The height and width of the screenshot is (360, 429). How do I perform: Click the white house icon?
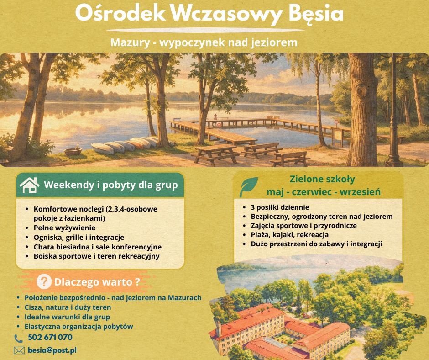[x=29, y=185]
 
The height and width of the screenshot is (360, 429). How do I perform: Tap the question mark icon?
[x=44, y=281]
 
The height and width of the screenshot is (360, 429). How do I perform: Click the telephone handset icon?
[x=19, y=339]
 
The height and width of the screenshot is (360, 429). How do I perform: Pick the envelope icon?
[x=19, y=350]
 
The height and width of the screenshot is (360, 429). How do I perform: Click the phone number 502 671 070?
[x=50, y=338]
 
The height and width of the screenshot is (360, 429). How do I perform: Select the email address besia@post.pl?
[x=52, y=350]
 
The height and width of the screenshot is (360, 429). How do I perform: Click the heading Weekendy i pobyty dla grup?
[x=110, y=185]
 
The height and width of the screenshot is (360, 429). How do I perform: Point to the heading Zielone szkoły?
[x=322, y=179]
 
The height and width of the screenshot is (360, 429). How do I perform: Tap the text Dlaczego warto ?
[x=96, y=281]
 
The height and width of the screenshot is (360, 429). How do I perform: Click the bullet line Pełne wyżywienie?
[x=64, y=228]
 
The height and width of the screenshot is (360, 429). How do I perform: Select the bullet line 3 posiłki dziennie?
[x=280, y=207]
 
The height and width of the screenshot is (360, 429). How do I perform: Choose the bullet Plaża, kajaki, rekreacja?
[x=289, y=234]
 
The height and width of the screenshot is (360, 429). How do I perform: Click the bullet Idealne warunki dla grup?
[x=67, y=317]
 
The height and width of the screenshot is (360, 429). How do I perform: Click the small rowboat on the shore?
[x=73, y=151]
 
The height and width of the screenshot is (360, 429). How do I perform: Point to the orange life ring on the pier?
[x=219, y=124]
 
